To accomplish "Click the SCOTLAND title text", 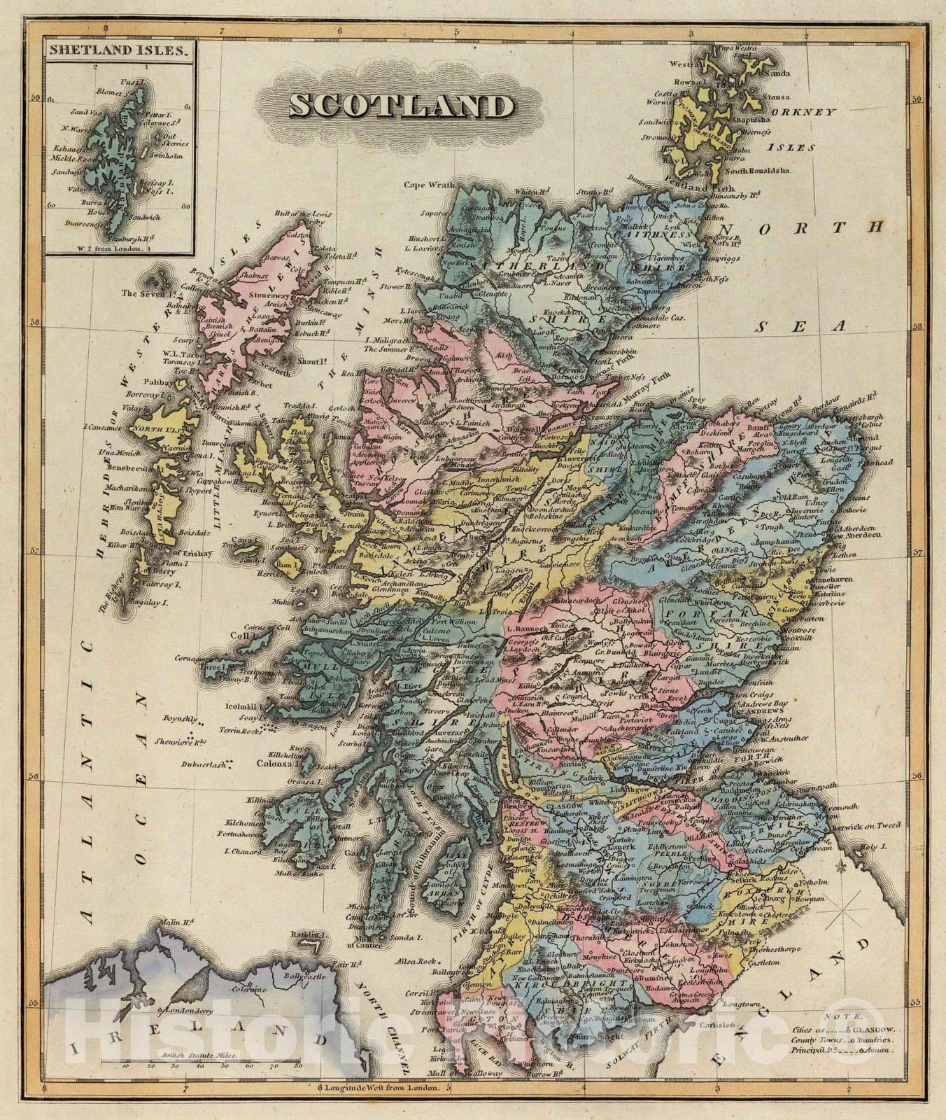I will [401, 107].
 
